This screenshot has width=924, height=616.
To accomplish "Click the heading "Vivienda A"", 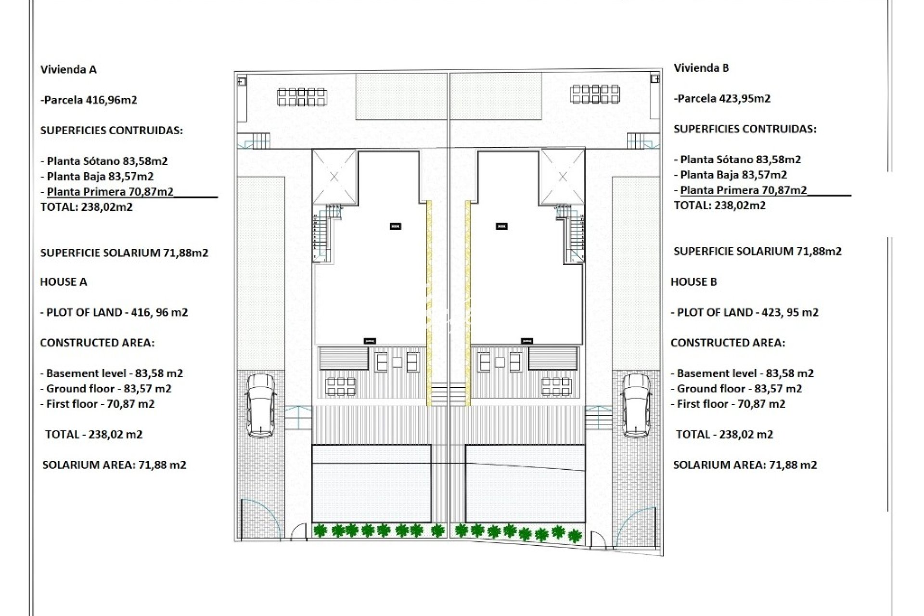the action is tap(68, 69).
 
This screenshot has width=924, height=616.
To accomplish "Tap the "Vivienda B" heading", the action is tap(701, 68).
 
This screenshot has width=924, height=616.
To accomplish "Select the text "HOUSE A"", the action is tap(64, 282).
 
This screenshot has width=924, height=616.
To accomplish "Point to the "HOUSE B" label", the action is tap(694, 282).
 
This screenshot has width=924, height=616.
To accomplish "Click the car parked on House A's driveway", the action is tap(261, 405).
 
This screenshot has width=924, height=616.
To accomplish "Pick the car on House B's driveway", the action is tap(636, 405).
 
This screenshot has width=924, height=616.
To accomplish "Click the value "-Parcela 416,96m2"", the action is tap(89, 100).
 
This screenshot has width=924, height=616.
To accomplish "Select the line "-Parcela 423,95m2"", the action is tap(722, 99).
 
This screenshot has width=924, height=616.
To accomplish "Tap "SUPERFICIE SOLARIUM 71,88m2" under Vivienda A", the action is tap(124, 253).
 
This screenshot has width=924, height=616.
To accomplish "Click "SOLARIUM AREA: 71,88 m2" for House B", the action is tap(745, 465).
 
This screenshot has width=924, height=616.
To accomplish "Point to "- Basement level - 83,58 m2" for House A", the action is tap(112, 373).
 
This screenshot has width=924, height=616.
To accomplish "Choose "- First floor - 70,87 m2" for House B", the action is tap(728, 404).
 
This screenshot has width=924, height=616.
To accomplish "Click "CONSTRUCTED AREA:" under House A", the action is tap(97, 343).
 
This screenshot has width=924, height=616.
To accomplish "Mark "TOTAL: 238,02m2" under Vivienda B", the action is tap(719, 205).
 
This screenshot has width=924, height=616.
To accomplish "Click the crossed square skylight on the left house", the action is tap(334, 177).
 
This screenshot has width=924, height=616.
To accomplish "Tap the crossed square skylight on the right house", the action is tap(563, 177).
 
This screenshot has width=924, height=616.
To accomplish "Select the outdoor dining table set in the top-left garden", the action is tap(302, 96).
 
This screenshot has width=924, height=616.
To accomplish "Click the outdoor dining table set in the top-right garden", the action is tap(595, 94).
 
